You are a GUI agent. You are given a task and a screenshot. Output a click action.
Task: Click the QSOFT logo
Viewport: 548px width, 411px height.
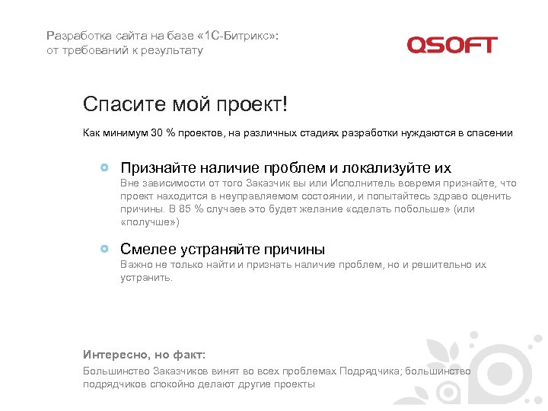451,45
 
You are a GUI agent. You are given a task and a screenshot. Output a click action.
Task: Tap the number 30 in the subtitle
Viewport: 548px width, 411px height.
157,133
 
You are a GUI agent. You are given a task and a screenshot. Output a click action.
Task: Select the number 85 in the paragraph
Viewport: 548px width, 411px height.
180,209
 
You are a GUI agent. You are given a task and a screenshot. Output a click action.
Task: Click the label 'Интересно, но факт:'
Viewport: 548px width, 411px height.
144,355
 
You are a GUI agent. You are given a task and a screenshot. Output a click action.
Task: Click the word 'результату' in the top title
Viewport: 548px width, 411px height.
176,50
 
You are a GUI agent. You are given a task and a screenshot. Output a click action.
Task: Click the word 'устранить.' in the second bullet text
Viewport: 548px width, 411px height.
136,278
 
